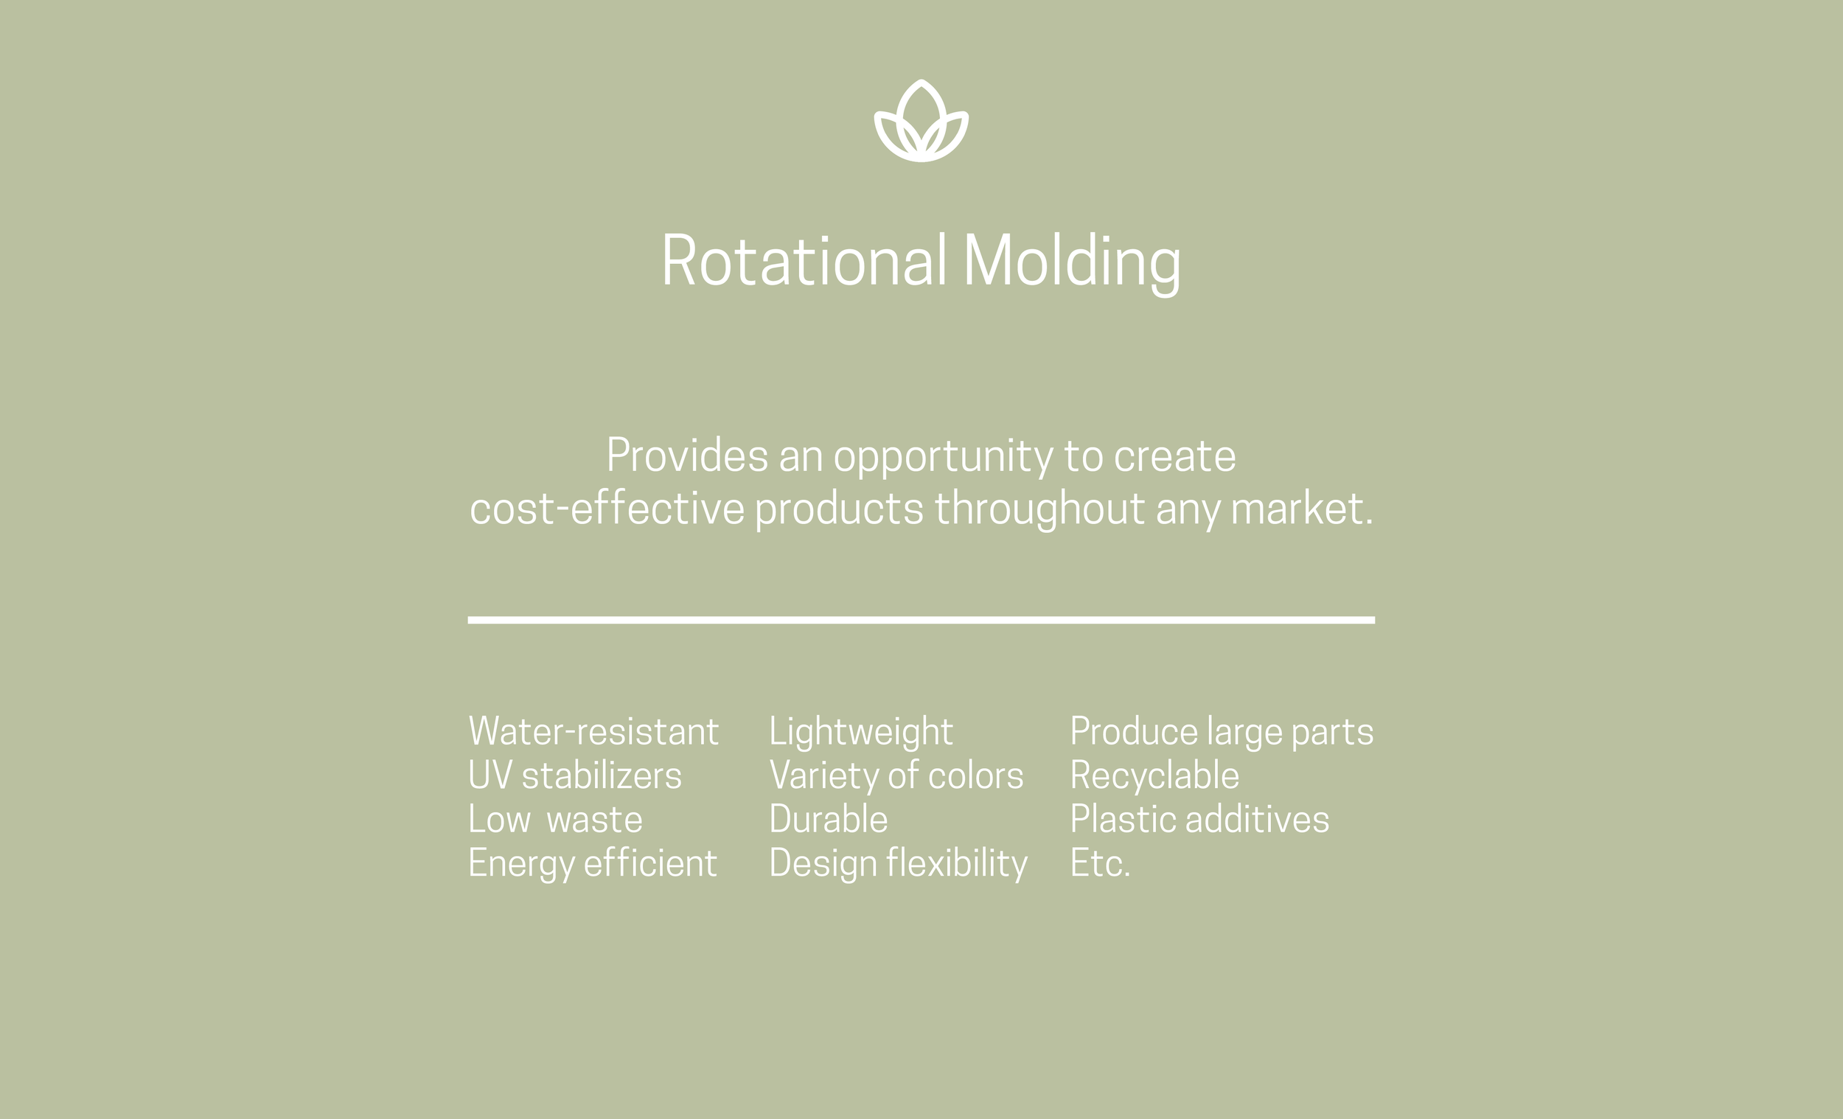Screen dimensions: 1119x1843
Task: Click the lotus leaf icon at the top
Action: pos(921,121)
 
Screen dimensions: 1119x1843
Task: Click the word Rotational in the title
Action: pos(804,260)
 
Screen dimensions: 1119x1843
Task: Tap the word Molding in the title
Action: pos(1072,262)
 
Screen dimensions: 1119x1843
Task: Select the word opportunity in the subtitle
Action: pos(942,457)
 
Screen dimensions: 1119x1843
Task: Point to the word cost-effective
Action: pos(607,509)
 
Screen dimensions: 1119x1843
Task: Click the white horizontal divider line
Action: pos(921,620)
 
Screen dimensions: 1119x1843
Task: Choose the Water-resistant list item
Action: pos(593,731)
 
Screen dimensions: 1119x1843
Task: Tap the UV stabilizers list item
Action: pos(574,775)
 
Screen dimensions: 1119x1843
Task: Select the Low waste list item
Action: pos(555,820)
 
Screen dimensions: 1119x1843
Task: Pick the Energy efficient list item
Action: pos(593,864)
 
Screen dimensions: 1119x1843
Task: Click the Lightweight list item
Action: pos(861,731)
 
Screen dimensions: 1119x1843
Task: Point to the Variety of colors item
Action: pos(896,775)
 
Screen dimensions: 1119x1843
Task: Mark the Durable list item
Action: pos(828,820)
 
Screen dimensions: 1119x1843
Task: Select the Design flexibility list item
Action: pos(899,864)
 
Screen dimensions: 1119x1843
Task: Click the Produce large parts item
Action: pos(1222,731)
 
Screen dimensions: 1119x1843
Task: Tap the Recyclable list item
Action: pos(1154,775)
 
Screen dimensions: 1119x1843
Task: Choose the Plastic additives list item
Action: pos(1199,820)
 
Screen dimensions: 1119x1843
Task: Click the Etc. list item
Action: pos(1099,864)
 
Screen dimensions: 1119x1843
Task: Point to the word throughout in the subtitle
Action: pos(1039,509)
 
